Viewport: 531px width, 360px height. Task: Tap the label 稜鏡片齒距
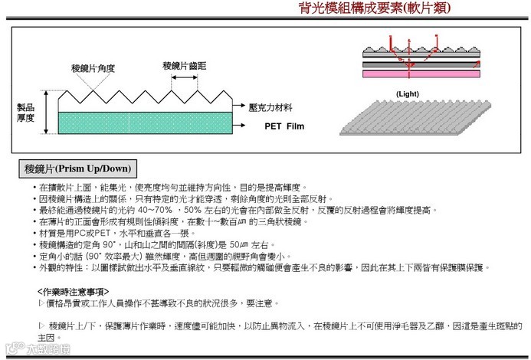pyautogui.click(x=184, y=66)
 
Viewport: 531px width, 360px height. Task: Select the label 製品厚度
pyautogui.click(x=26, y=113)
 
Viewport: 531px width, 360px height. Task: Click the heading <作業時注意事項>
pyautogui.click(x=73, y=292)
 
